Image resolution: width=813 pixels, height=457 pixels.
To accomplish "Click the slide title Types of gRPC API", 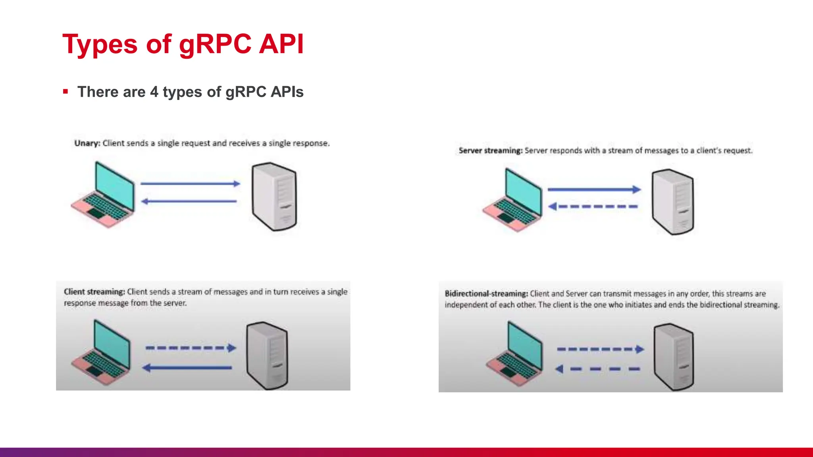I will tap(183, 44).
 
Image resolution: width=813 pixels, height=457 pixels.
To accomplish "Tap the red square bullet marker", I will tap(66, 92).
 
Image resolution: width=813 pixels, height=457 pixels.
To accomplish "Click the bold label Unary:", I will tap(87, 143).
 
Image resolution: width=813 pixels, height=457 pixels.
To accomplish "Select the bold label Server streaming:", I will tap(491, 151).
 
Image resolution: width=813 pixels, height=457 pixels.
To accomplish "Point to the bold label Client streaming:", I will tap(94, 292).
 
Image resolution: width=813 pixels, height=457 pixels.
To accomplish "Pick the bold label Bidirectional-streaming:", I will tap(486, 294).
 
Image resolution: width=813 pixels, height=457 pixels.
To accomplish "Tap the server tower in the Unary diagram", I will tap(274, 196).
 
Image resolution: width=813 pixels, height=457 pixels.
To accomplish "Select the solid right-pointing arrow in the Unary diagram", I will tap(191, 184).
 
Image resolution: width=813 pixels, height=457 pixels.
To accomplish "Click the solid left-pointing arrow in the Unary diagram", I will tap(189, 202).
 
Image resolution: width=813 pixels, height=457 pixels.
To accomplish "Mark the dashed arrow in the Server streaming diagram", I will tap(593, 206).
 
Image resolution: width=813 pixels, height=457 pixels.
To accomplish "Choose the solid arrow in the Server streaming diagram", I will tap(594, 190).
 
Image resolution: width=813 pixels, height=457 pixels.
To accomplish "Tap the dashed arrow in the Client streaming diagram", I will tap(191, 348).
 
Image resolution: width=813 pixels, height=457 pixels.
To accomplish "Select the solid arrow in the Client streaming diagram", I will tap(187, 368).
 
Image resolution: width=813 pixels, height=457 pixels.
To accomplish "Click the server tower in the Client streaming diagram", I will tap(267, 355).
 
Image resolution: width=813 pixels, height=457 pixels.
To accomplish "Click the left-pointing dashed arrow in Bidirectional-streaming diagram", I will tap(598, 369).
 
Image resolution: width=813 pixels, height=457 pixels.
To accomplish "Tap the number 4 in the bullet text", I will tap(154, 92).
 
